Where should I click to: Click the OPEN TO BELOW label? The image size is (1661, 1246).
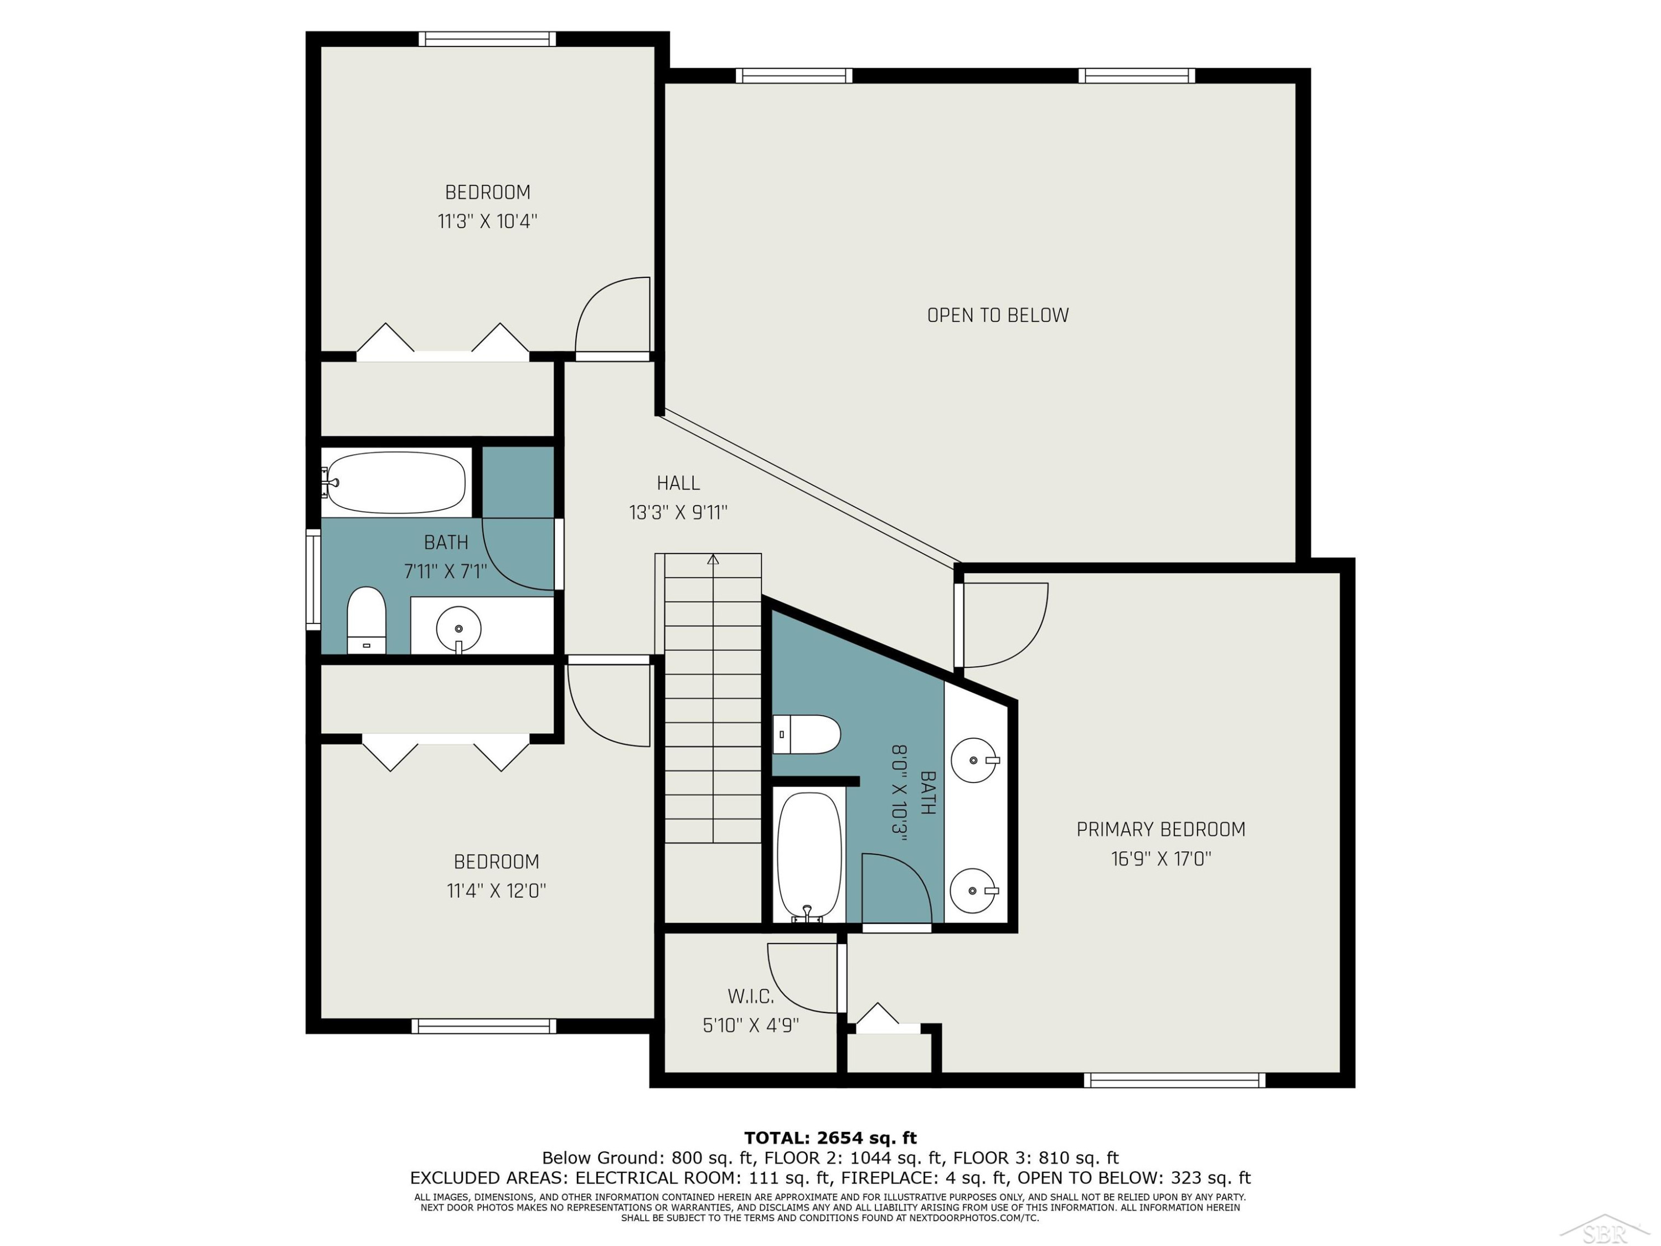pos(997,316)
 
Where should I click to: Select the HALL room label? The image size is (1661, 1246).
pos(678,483)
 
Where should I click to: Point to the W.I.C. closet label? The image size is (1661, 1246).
pos(750,997)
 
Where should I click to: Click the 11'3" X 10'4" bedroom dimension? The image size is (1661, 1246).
pos(488,222)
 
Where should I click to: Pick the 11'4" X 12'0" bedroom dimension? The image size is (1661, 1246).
pos(496,890)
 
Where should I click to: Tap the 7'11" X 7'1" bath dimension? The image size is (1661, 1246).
pos(446,571)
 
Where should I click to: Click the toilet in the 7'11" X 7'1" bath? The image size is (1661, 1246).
pos(367,620)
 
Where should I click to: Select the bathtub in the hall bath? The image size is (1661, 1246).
pos(396,483)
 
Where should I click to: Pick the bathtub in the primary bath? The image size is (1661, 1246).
pos(809,856)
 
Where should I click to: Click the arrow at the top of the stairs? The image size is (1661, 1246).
pos(713,559)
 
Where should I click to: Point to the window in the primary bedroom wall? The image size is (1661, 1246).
pos(1174,1080)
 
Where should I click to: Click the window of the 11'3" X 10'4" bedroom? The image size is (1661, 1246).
pos(487,39)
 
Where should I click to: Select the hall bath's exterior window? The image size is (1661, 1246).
pos(313,580)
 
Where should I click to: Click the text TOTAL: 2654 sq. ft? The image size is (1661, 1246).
pos(830,1138)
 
